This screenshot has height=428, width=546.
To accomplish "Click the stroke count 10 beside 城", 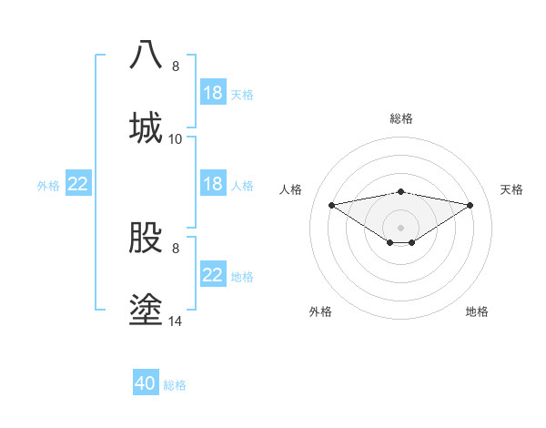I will pos(176,138).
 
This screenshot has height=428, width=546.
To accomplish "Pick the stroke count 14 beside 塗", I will pos(176,321).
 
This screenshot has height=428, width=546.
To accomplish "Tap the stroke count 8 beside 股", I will pos(176,248).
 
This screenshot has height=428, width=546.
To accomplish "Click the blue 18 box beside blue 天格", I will pos(213,93).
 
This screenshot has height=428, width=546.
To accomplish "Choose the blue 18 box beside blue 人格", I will pos(213,184).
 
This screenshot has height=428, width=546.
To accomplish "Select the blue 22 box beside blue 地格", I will pos(213,275).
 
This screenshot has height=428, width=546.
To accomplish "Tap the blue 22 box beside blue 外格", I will pos(78,184).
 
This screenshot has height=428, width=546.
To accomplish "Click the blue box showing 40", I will pos(146,383).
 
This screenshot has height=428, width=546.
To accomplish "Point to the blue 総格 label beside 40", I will pos(175,385).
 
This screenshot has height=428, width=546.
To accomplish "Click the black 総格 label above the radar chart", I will pos(401,118).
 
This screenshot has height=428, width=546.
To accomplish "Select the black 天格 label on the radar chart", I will pos(511,189).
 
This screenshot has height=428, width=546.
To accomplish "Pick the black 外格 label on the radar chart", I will pos(320,311).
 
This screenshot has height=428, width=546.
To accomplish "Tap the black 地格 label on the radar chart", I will pos(477,311).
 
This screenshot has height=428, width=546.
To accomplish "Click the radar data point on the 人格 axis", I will pos(332,205).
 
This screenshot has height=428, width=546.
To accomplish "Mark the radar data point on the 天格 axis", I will pos(470,205).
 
